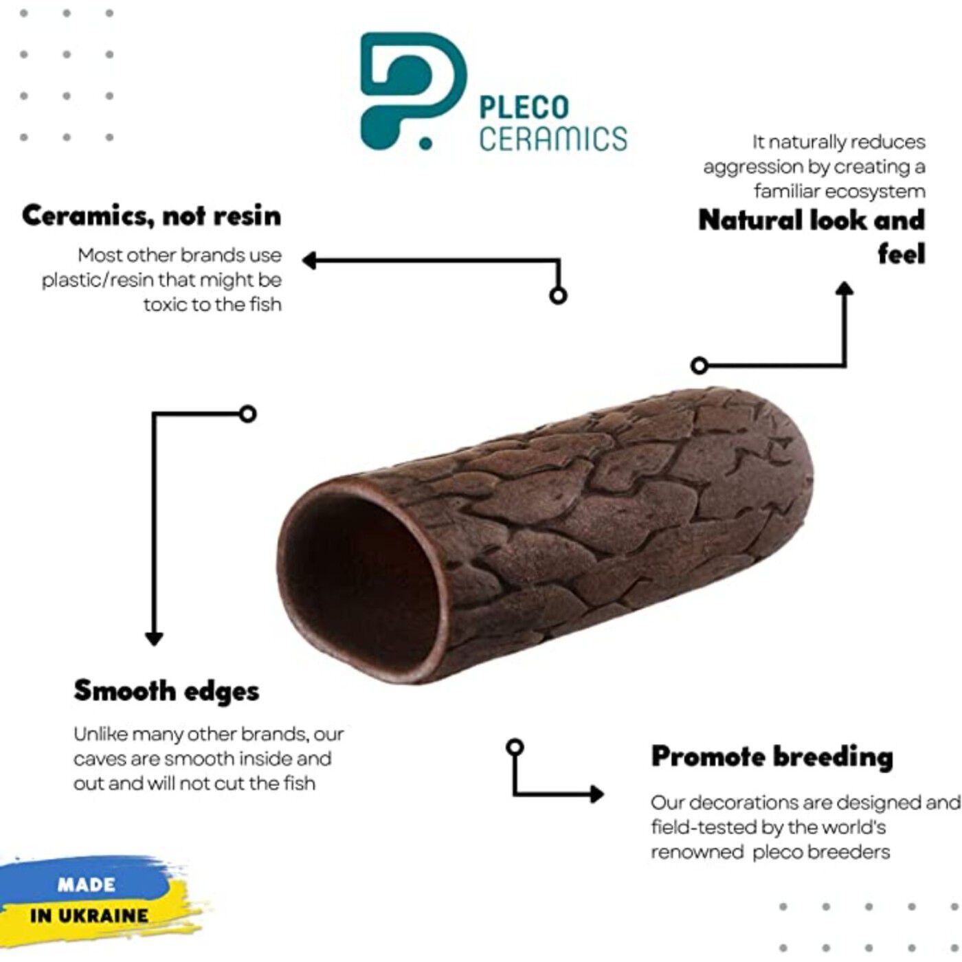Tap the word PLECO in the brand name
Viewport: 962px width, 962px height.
[524, 108]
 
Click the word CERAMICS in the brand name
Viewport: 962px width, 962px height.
[553, 138]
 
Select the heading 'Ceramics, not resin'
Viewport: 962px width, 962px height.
[151, 216]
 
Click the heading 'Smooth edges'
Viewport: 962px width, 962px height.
[166, 691]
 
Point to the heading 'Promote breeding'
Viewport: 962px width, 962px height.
[772, 757]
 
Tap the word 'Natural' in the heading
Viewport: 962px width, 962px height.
[750, 221]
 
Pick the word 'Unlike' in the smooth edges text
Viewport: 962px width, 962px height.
[100, 735]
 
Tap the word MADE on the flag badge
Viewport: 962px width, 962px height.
[86, 884]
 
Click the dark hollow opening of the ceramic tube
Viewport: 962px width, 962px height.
[361, 584]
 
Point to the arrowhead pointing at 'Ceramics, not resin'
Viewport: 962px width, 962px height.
[310, 260]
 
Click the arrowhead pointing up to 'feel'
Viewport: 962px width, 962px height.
[844, 289]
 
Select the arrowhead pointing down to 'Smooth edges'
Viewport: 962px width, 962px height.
[154, 638]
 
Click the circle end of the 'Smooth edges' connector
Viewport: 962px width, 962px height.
[248, 414]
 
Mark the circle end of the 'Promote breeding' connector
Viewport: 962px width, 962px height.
[514, 747]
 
